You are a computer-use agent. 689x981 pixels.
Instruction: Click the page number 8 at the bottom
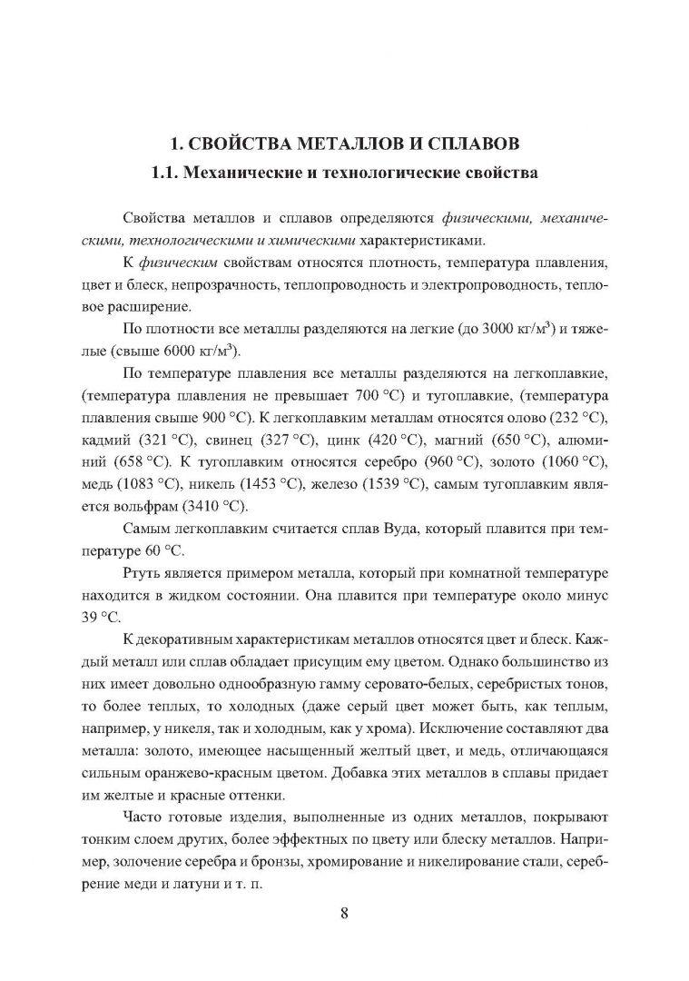coord(344,913)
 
